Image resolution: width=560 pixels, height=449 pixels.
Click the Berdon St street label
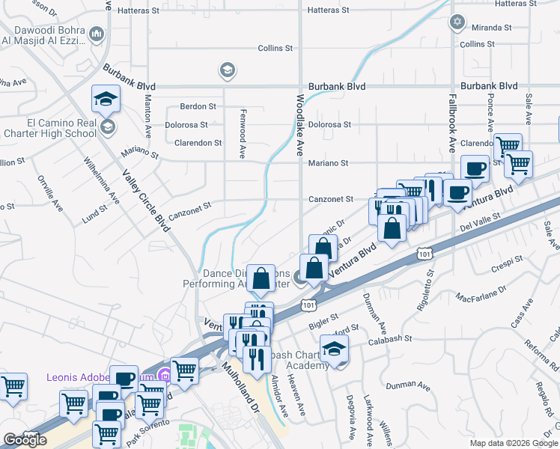pos(198,106)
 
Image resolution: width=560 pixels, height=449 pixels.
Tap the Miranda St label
pos(491,27)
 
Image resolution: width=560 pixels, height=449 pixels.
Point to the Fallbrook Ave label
pos(451,123)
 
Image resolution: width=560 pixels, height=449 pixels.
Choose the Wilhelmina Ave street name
pos(102,180)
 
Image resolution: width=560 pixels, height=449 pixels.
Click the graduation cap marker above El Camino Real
pos(106,98)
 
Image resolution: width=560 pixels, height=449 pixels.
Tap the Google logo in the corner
pos(25,440)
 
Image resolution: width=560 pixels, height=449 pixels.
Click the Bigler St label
pos(323,322)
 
